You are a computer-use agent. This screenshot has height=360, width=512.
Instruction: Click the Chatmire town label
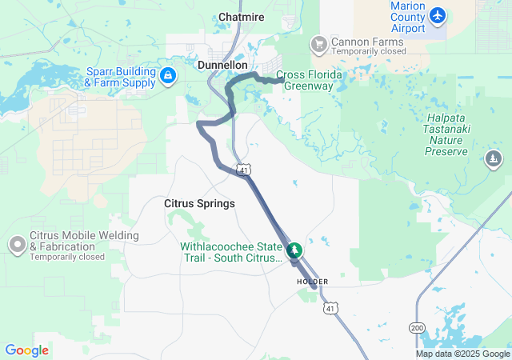click(x=242, y=16)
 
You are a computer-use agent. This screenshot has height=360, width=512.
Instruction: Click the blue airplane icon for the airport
click(x=437, y=14)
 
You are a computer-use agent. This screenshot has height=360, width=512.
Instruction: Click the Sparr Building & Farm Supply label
click(x=120, y=77)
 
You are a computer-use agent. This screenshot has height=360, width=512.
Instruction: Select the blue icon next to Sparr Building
click(x=168, y=77)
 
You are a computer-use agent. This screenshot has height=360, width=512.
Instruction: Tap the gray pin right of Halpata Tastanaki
click(x=494, y=160)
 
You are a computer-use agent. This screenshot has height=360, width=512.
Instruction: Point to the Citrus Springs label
click(x=199, y=203)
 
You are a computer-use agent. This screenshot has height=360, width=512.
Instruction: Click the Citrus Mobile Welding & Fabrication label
click(x=83, y=241)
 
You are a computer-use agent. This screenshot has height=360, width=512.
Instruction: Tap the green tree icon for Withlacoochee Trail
click(x=295, y=251)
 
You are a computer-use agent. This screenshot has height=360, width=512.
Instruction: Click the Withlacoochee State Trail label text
click(x=232, y=252)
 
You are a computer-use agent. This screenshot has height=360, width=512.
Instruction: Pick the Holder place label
click(x=312, y=282)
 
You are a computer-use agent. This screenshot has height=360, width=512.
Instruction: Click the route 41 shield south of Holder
click(x=330, y=307)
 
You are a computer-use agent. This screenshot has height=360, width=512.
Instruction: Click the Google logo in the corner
click(x=26, y=350)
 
